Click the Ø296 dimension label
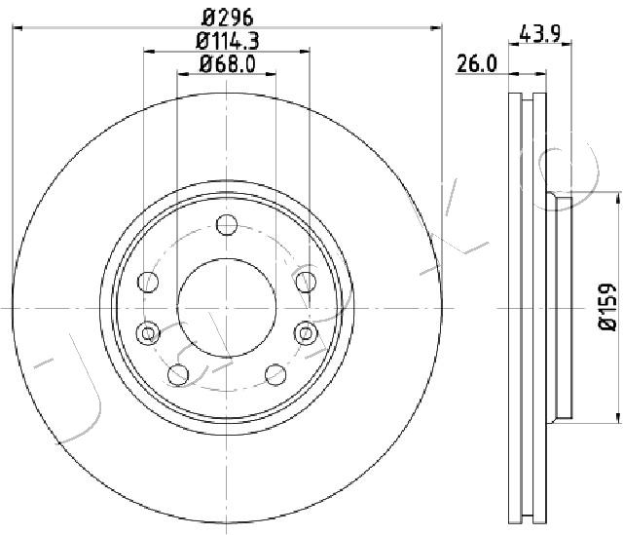pos(227,18)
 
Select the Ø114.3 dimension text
pos(227,41)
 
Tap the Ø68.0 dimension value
pos(227,64)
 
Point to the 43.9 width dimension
pos(540,33)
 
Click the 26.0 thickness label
pos(477,63)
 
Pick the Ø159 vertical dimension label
pos(607,306)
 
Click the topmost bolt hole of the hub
pos(227,225)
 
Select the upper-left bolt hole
pos(148,282)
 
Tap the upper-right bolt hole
pos(306,282)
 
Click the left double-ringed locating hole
pos(148,333)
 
